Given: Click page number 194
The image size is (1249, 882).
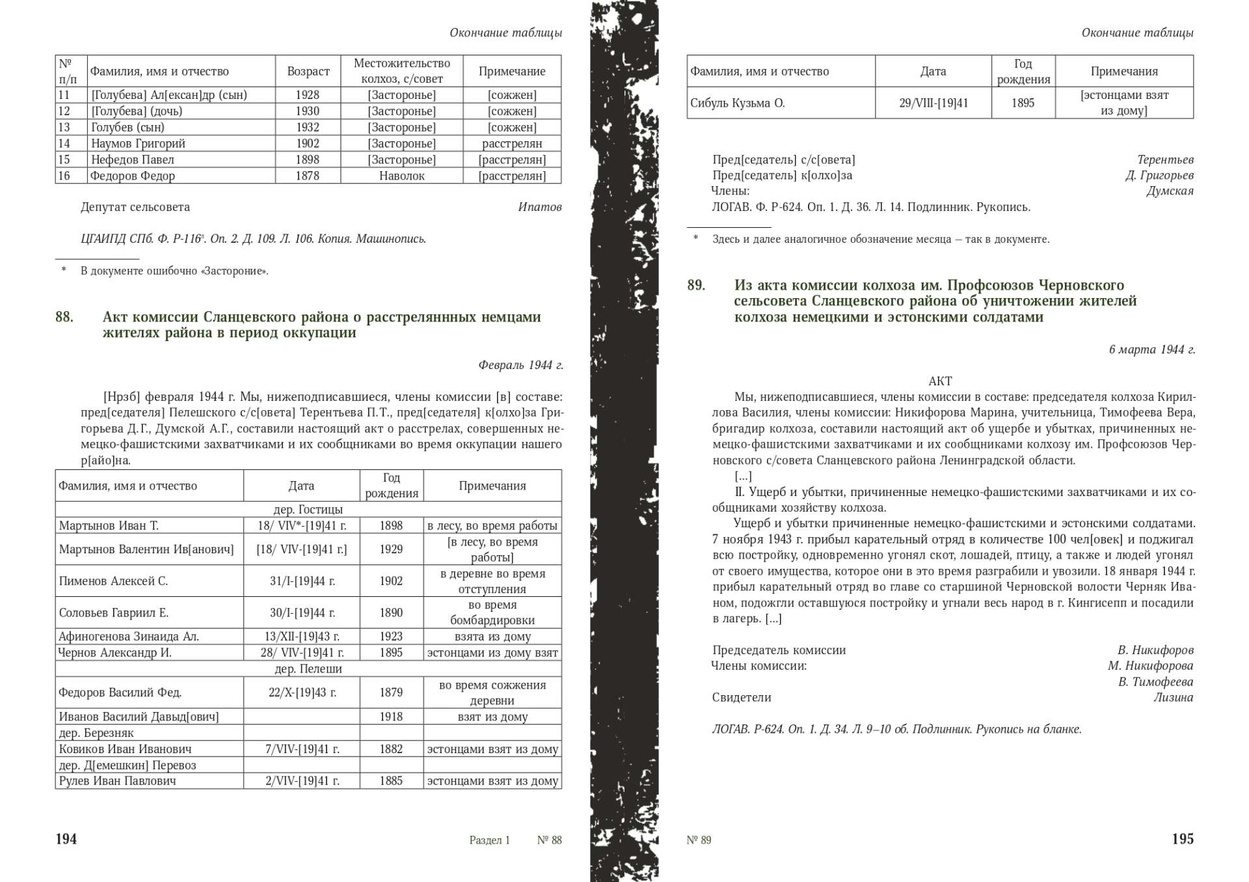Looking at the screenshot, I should click(66, 839).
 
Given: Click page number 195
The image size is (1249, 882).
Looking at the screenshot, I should click(1182, 839).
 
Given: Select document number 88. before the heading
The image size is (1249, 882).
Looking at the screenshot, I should click(64, 317).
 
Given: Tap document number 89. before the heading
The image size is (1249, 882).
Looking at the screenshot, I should click(696, 285).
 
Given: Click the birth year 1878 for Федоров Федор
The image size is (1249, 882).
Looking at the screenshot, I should click(308, 176).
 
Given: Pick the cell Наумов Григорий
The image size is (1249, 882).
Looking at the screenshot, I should click(138, 143).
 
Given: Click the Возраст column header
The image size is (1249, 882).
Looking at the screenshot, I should click(308, 71).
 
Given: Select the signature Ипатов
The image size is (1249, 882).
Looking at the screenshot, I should click(539, 207).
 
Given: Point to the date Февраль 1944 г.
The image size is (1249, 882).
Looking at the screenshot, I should click(520, 365).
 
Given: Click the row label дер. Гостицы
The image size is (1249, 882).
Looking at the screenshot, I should click(308, 509).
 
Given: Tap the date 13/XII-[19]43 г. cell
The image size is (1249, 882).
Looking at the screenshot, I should click(302, 636).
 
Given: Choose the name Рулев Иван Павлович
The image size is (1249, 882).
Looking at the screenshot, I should click(117, 780).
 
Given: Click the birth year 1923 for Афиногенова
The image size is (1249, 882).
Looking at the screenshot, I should click(391, 636).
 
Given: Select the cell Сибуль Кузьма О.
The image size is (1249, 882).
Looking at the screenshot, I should click(737, 103).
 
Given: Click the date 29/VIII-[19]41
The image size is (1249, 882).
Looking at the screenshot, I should click(933, 103).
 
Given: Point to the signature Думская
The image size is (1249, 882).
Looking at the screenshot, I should click(1170, 191).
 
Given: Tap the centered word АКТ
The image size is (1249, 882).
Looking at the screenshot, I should click(940, 381).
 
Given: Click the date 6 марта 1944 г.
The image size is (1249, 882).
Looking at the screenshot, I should click(1151, 350).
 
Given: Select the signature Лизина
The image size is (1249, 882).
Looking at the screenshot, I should click(1174, 697).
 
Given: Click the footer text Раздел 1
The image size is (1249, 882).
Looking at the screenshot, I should click(489, 840).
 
